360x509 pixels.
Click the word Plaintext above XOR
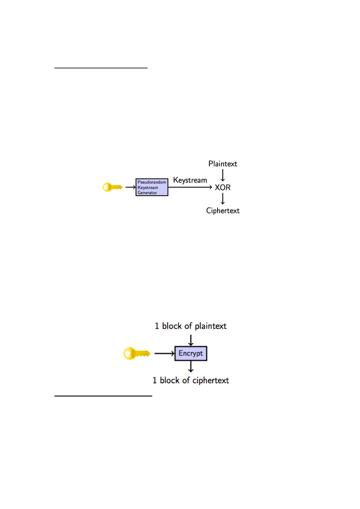coord(223,163)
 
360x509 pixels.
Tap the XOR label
coord(223,187)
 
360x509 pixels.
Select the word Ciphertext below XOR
coord(223,211)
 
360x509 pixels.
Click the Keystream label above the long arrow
coord(190,180)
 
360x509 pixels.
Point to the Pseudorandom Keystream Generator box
coord(152,187)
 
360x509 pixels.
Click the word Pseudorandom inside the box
coord(152,182)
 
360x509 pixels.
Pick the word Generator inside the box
coord(147,192)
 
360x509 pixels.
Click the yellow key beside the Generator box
coord(112,187)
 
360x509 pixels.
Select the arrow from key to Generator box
coord(130,187)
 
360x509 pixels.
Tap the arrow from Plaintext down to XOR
coord(223,175)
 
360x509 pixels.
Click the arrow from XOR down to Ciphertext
coord(223,199)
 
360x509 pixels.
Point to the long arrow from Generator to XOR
coord(190,187)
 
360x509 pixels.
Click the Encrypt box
coord(191,353)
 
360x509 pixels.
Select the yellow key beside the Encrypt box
coord(137,353)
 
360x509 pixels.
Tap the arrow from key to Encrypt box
coord(164,353)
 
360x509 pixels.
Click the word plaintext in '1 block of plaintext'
coord(211,326)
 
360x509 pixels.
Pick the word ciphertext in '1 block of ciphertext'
coord(211,380)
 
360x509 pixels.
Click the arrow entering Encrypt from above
coord(191,340)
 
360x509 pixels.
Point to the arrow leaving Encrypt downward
coord(191,367)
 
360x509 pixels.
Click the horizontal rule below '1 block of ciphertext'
coord(103,396)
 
